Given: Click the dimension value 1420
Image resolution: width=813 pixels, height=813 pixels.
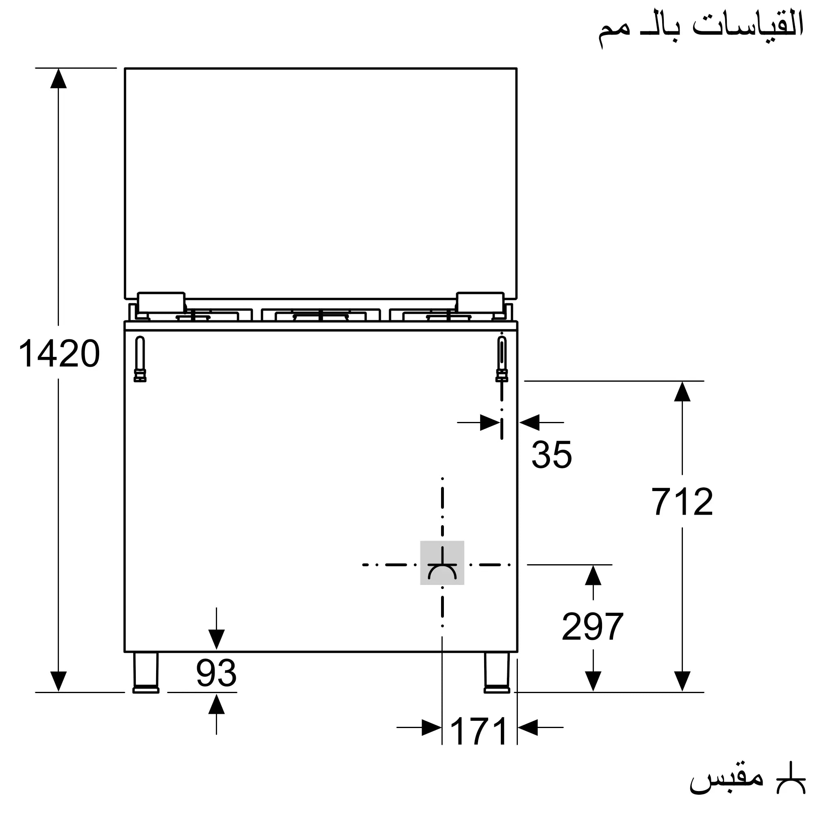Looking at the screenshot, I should [59, 354].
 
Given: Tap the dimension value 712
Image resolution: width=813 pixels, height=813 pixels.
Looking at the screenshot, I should [682, 502].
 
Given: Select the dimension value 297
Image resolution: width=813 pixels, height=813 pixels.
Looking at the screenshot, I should [593, 626].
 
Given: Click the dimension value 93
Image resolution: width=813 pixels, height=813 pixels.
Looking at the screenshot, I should [216, 673].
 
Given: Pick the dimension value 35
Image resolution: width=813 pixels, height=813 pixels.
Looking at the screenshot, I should [552, 455].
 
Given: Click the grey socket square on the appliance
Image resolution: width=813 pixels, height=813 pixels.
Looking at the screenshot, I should [442, 563].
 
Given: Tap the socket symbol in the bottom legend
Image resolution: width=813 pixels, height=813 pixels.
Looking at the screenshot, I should [791, 779].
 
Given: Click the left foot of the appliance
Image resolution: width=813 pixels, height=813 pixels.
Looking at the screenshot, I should [146, 672].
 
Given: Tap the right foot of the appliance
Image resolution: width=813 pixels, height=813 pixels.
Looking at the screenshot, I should [497, 672].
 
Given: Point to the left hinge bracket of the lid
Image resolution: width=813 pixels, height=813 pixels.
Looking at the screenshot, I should [161, 302].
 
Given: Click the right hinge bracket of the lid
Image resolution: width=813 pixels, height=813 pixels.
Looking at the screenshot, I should [480, 302].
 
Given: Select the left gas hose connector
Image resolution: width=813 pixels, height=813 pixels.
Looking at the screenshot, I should [140, 359].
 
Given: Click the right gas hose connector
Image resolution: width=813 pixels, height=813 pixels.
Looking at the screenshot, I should [502, 359].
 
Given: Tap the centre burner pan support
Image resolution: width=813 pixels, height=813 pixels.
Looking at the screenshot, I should [321, 315].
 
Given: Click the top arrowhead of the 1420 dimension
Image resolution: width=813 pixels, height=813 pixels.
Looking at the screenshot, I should [59, 78].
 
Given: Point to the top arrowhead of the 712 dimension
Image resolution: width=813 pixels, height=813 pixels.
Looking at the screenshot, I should [682, 391].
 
